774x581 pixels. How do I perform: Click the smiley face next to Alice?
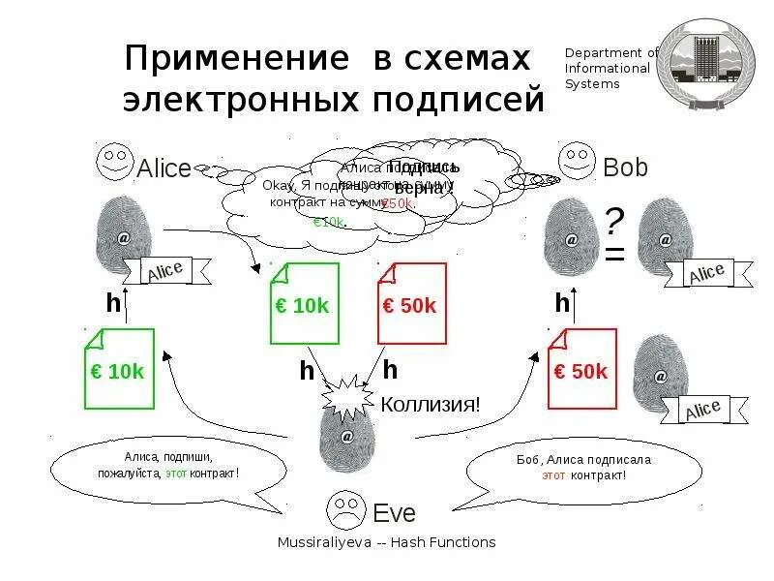[x=114, y=162]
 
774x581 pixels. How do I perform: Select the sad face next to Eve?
[x=344, y=507]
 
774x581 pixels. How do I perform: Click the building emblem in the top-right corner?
[x=705, y=65]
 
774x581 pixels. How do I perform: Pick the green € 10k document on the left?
[x=120, y=369]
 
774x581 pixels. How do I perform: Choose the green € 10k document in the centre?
[x=304, y=304]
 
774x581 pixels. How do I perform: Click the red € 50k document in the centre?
[x=411, y=304]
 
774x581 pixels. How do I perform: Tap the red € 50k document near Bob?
[x=582, y=369]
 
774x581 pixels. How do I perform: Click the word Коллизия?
[x=431, y=404]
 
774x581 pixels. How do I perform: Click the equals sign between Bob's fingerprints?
[x=614, y=256]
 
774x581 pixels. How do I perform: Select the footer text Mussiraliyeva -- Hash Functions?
[x=386, y=542]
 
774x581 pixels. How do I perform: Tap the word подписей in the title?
[x=459, y=99]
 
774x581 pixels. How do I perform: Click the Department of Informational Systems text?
[x=610, y=69]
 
